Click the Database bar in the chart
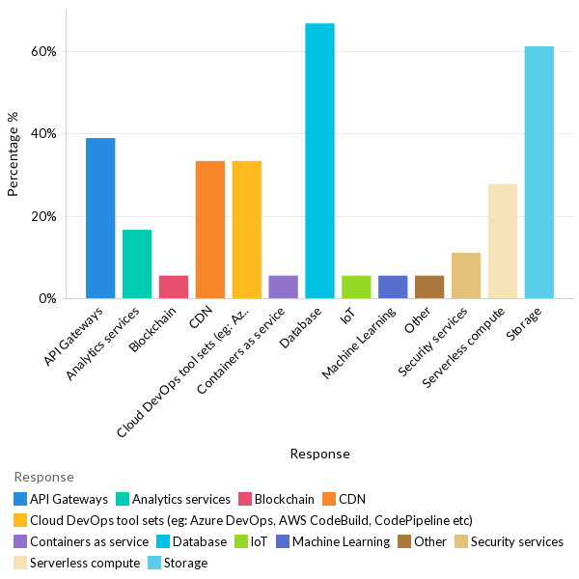[319, 161]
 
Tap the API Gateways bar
[100, 218]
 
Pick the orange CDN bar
[210, 230]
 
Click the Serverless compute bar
[503, 241]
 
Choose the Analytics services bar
[137, 264]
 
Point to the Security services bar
[466, 276]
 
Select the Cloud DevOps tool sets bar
[247, 230]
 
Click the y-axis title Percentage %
[14, 154]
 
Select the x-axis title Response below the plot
[319, 454]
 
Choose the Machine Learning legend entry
[327, 542]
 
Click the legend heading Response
[43, 478]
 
